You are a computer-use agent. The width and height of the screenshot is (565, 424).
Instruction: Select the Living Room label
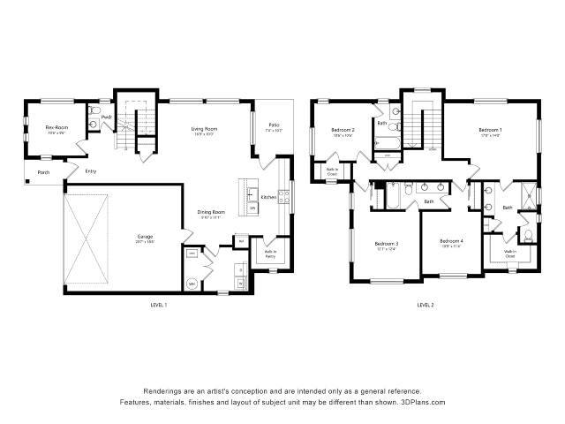tap(205, 131)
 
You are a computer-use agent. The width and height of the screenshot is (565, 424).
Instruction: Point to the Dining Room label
tap(211, 212)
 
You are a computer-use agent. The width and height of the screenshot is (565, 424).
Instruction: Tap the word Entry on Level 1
tap(91, 171)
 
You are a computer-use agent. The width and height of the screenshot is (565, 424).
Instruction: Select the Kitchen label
tap(268, 197)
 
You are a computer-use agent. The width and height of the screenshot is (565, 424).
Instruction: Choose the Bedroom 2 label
tap(343, 132)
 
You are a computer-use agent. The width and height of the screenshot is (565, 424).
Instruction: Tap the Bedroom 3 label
tap(386, 244)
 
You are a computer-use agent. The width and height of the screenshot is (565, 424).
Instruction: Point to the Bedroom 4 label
tap(451, 241)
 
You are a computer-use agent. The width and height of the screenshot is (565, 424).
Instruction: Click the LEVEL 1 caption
tap(159, 305)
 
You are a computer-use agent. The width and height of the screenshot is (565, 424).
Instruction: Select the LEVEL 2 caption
tap(426, 305)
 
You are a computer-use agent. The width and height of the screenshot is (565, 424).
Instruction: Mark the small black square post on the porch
tap(29, 182)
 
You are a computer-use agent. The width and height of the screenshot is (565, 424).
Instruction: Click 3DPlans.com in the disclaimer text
tap(423, 402)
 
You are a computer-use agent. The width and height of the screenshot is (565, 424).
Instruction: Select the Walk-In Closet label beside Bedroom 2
tap(333, 173)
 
